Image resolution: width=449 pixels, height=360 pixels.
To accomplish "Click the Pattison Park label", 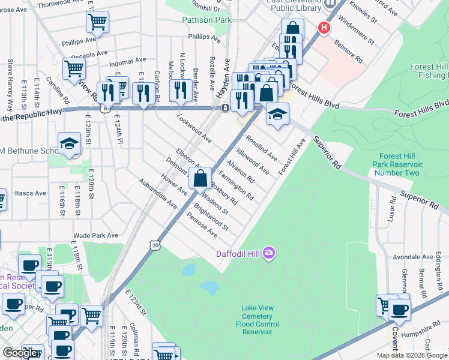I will (x=206, y=20).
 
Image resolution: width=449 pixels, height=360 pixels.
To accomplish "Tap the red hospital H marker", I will (x=324, y=27).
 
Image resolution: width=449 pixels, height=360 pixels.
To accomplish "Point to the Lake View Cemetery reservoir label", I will (x=257, y=320).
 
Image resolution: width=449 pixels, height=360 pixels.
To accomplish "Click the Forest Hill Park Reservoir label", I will (x=397, y=164).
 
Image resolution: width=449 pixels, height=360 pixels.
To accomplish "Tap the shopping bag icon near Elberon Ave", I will (x=200, y=178).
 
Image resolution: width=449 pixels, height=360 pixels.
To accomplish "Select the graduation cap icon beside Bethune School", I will (x=70, y=143).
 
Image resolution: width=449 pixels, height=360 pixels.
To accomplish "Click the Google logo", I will (x=20, y=353).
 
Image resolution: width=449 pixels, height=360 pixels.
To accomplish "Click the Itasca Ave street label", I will (x=31, y=193).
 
